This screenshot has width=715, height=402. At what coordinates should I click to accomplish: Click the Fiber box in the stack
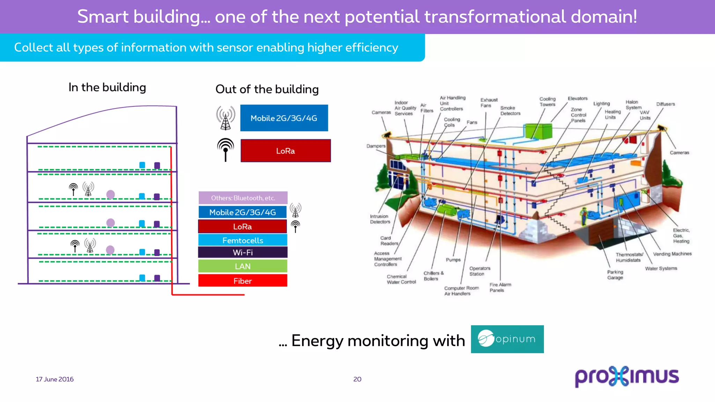point(243,281)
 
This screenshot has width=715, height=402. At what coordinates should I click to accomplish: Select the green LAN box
point(243,266)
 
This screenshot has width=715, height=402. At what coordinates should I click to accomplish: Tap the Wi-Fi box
point(243,252)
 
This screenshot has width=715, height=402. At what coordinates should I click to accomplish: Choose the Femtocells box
point(243,240)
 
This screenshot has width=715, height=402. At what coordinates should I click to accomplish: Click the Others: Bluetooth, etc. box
point(243,198)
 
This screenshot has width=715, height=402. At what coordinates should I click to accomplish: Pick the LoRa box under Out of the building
point(286,151)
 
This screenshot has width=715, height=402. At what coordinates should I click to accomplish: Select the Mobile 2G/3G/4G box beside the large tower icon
point(284,118)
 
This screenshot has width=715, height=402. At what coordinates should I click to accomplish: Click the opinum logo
point(507,339)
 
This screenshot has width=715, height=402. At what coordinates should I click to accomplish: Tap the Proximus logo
point(627,376)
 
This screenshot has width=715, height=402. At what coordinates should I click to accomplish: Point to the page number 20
point(357,379)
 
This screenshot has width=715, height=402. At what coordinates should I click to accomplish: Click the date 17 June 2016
point(55,379)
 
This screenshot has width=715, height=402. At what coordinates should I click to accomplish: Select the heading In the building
point(107,87)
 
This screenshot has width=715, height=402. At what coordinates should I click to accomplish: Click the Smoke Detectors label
point(510,111)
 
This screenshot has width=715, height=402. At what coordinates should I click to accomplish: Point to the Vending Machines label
point(672,254)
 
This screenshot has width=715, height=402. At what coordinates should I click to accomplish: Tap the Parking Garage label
point(615,275)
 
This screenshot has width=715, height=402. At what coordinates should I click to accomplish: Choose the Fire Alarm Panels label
point(500,287)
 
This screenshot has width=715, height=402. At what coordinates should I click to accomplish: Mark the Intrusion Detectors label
point(380,219)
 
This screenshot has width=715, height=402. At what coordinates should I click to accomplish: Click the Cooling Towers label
point(547,102)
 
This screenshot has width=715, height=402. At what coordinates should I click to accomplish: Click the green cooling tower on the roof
point(538,131)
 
